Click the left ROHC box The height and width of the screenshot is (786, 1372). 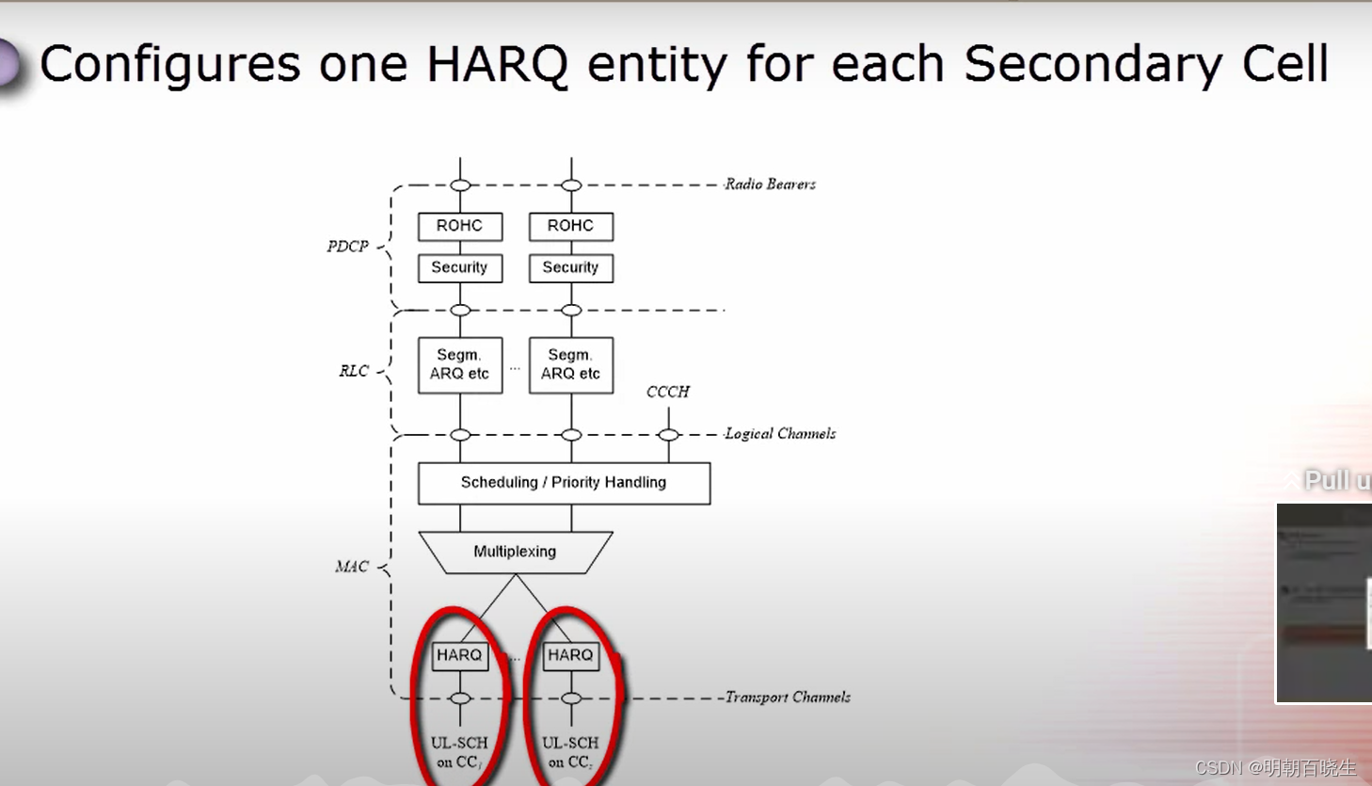[x=460, y=226]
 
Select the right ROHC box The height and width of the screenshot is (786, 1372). [x=571, y=226]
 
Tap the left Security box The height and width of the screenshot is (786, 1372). [x=460, y=267]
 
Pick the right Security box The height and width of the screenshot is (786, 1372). [x=571, y=267]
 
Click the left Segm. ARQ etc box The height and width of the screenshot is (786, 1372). [x=460, y=364]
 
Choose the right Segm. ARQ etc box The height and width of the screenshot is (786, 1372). [x=571, y=364]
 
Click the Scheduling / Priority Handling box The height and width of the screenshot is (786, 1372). [x=564, y=483]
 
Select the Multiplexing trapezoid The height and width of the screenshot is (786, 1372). [x=515, y=552]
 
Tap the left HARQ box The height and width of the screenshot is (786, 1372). [x=460, y=655]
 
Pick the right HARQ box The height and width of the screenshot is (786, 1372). [x=571, y=655]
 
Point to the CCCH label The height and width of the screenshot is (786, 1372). [x=668, y=392]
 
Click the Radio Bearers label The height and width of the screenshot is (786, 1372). [x=770, y=184]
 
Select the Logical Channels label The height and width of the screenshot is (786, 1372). [x=780, y=434]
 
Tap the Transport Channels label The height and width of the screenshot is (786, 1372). [x=788, y=698]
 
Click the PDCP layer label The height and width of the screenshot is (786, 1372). [x=347, y=247]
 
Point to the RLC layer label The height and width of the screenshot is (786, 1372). [x=354, y=371]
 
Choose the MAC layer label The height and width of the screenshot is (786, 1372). [x=352, y=567]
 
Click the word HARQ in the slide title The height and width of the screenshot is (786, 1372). [x=497, y=65]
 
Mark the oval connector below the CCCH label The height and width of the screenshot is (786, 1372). [x=668, y=435]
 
